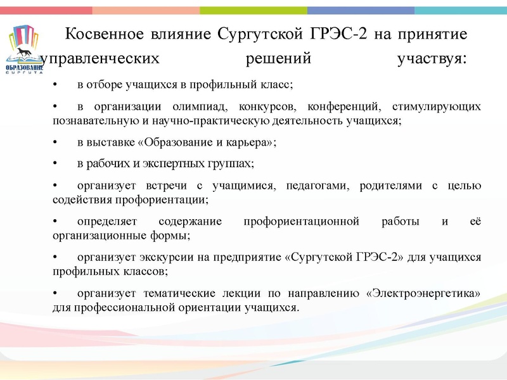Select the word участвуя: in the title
[x=432, y=60]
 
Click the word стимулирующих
[x=437, y=106]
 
